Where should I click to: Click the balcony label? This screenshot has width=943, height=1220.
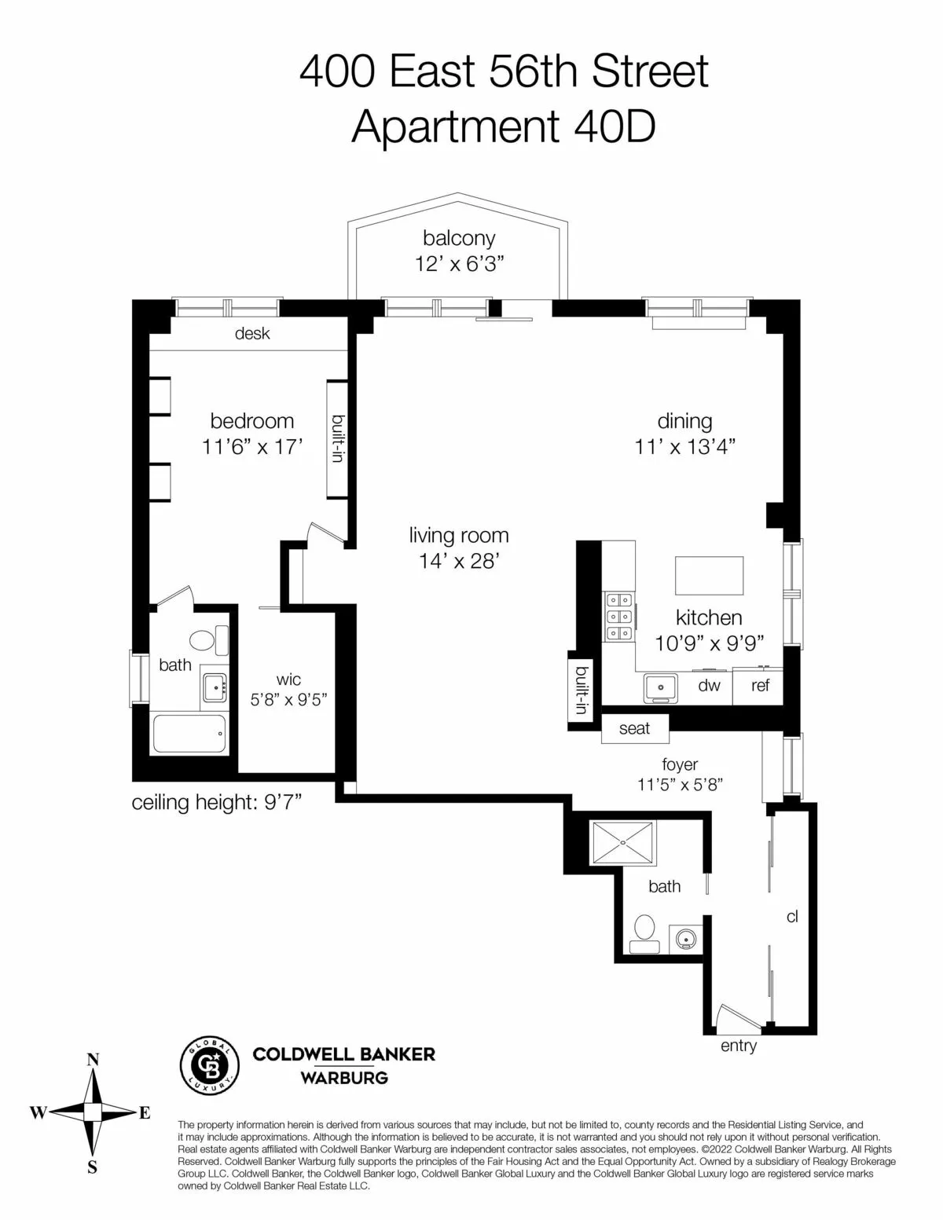click(x=459, y=238)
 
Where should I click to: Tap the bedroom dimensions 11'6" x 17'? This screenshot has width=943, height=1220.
click(x=252, y=447)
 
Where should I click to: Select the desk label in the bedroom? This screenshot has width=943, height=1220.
click(x=252, y=334)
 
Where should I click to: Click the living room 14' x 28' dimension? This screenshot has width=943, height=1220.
click(x=459, y=561)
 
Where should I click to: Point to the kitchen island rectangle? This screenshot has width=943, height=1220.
click(x=709, y=576)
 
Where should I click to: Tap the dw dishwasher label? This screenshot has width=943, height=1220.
click(x=709, y=686)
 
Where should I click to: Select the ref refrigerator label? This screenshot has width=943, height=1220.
click(x=760, y=686)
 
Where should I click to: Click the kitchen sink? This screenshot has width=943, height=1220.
click(x=661, y=687)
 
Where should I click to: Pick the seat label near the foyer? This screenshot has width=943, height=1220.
click(x=634, y=728)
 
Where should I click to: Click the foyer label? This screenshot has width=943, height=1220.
click(x=680, y=764)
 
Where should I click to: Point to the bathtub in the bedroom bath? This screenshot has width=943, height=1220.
click(x=189, y=735)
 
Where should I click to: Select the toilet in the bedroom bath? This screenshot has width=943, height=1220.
click(x=206, y=640)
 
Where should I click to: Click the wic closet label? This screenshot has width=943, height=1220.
click(x=288, y=680)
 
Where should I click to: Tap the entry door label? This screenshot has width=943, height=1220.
click(x=738, y=1046)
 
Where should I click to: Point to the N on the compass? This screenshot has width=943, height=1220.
click(x=93, y=1060)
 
